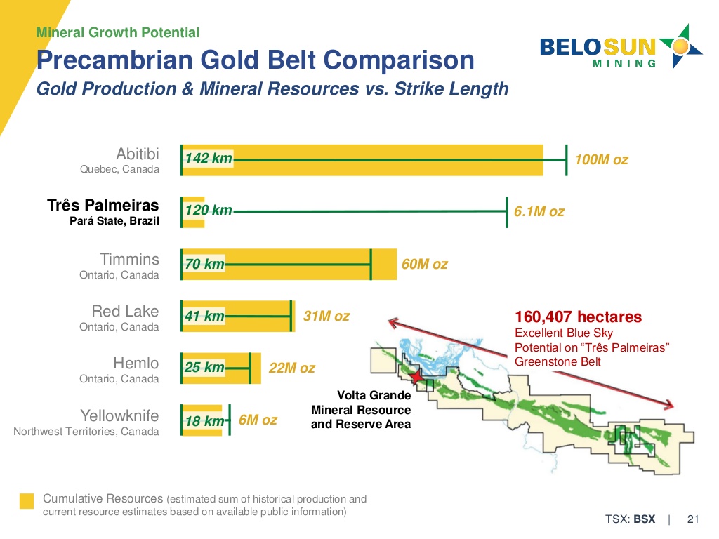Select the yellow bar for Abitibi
coord(386,160)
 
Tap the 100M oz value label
coord(601,160)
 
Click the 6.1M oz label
coord(539,211)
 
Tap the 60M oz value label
coord(424,265)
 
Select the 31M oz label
coord(326,317)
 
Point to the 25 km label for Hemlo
coord(205,368)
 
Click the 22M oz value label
coord(291,368)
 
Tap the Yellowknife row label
coord(119,421)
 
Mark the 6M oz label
coord(258,420)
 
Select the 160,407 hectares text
coord(578,317)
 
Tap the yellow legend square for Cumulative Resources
coord(27,500)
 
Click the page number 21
coord(693,519)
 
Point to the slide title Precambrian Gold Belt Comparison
coord(255,60)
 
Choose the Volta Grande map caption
coord(361,410)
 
